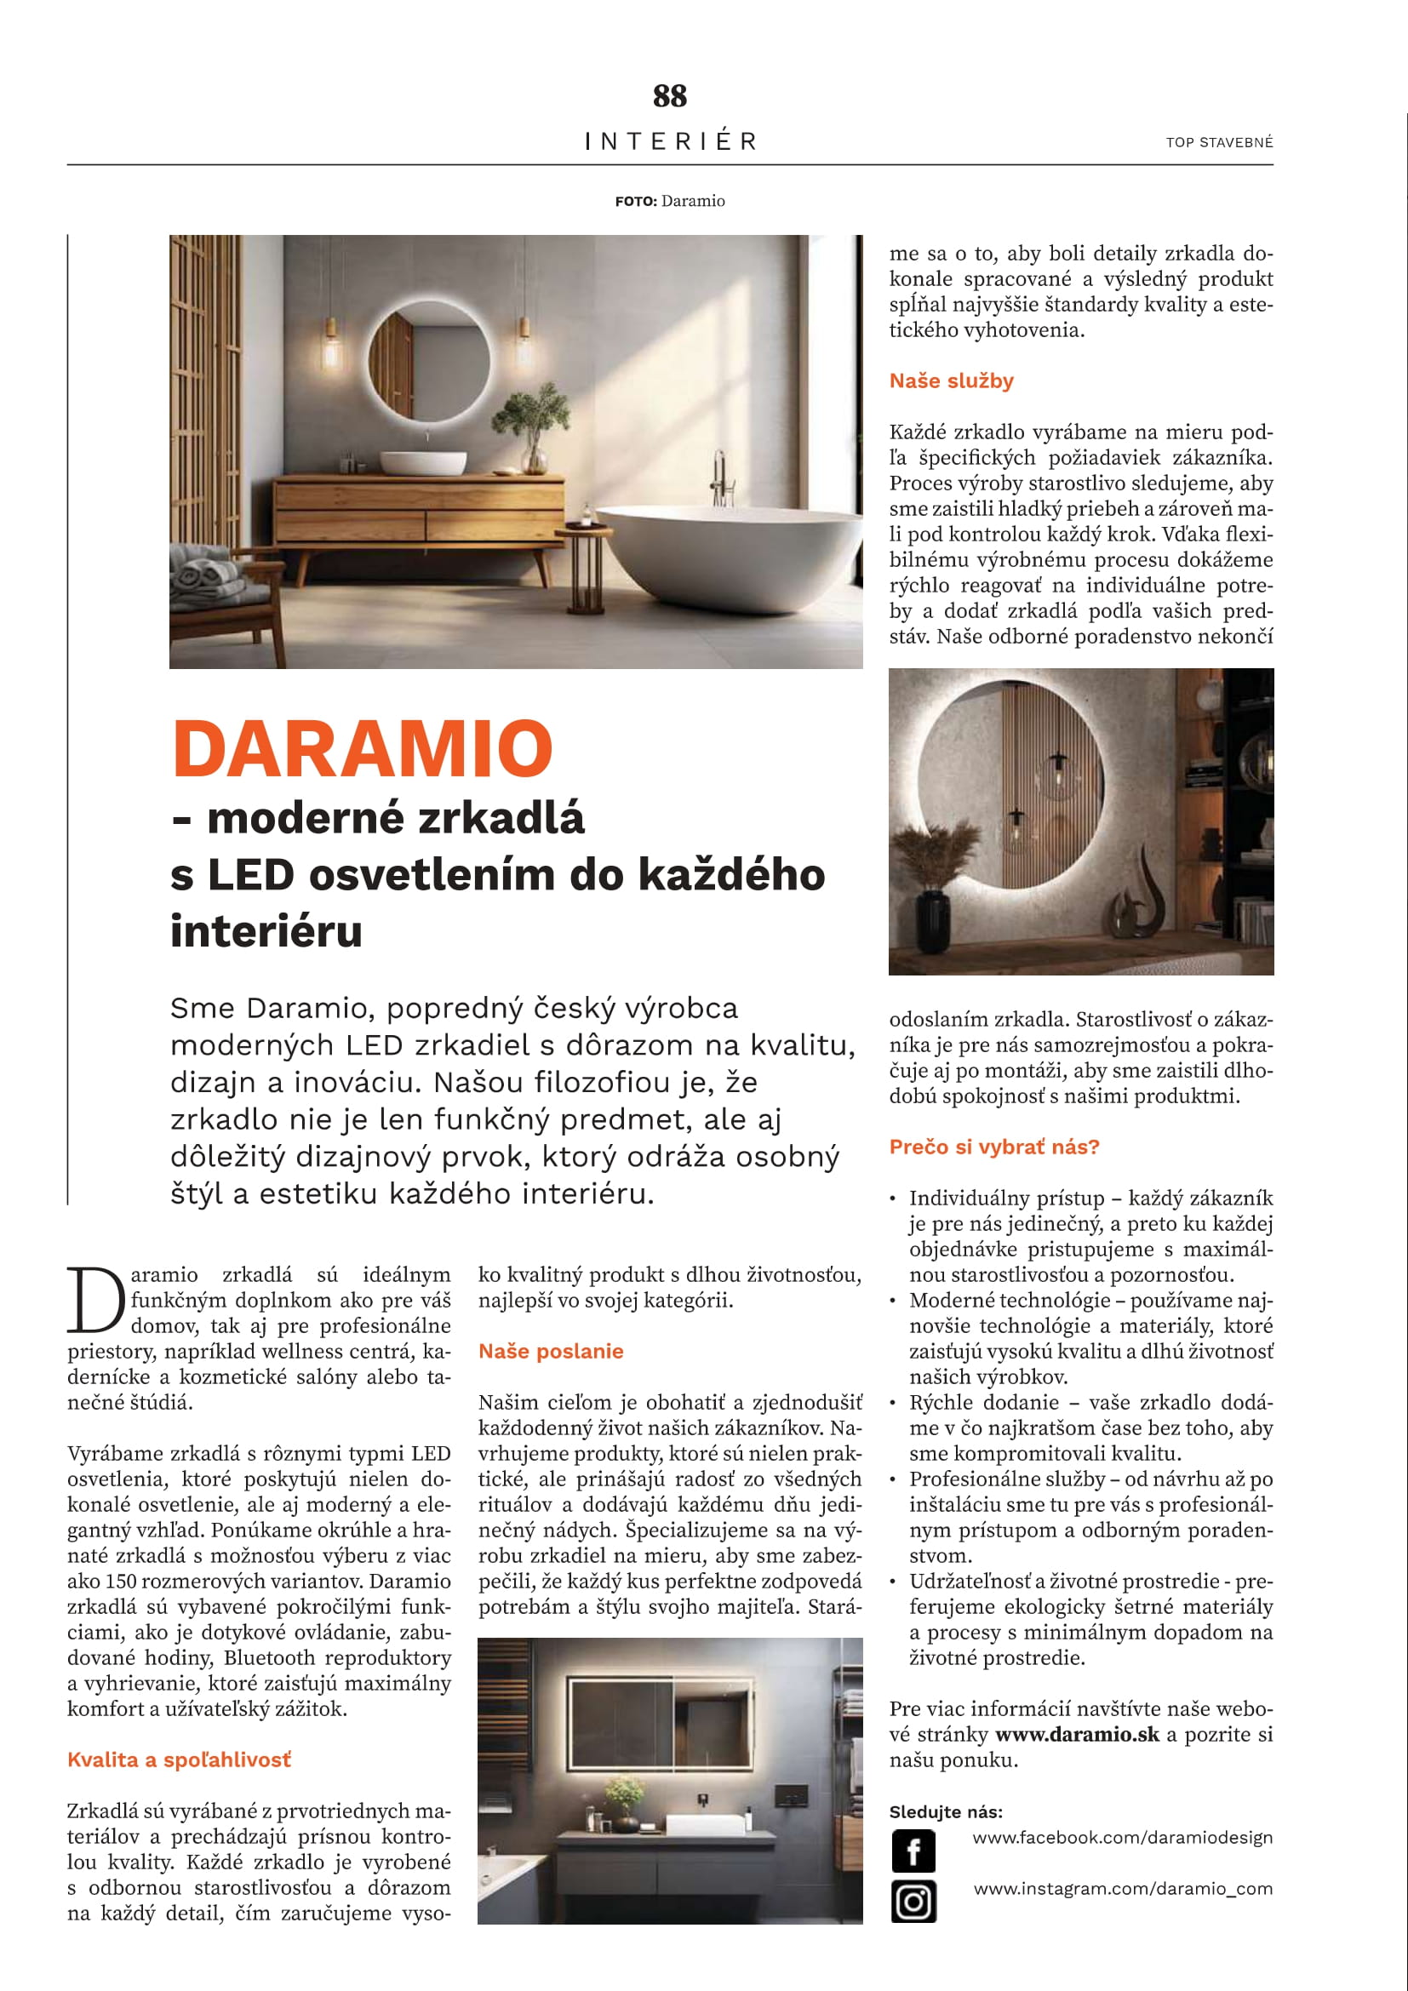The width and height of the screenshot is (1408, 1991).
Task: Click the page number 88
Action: (x=669, y=95)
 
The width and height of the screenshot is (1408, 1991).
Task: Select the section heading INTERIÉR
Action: (x=670, y=140)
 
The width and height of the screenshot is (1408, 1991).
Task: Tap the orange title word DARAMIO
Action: (x=363, y=748)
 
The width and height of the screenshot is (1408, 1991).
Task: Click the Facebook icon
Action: (x=913, y=1851)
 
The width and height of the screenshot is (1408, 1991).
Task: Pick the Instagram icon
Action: (x=913, y=1902)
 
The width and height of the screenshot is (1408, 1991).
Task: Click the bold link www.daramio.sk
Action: (x=1077, y=1734)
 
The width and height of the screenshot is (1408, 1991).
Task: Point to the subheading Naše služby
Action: (x=951, y=380)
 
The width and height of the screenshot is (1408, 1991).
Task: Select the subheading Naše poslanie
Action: (x=551, y=1351)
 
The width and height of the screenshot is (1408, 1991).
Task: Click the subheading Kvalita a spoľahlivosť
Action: (x=180, y=1759)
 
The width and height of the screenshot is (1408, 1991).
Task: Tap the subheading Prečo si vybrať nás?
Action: (x=993, y=1147)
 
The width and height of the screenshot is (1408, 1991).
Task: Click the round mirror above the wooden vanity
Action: (x=428, y=360)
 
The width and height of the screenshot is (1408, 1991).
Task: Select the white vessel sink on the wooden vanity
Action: (x=423, y=462)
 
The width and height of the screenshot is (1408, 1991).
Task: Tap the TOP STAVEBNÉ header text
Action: (x=1219, y=142)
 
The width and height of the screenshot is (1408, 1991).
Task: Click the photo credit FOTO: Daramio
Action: (x=669, y=201)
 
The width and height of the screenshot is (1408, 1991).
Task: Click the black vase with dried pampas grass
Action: (x=934, y=901)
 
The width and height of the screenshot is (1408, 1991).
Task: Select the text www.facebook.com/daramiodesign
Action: (x=1122, y=1838)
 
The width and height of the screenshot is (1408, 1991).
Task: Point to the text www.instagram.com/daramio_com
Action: (x=1123, y=1889)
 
